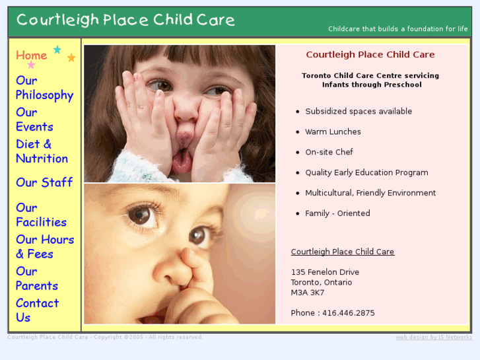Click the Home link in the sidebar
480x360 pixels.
pyautogui.click(x=31, y=55)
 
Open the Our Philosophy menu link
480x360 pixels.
pyautogui.click(x=44, y=88)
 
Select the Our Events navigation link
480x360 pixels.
pyautogui.click(x=34, y=120)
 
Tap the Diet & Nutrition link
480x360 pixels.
pyautogui.click(x=42, y=151)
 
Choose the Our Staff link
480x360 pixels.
pyautogui.click(x=44, y=182)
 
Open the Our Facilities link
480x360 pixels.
pyautogui.click(x=41, y=215)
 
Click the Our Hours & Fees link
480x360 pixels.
pyautogui.click(x=45, y=246)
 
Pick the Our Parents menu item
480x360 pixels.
pyautogui.click(x=36, y=278)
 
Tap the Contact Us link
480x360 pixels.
pyautogui.click(x=37, y=310)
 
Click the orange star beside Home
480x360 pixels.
pyautogui.click(x=71, y=57)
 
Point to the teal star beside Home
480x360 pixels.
pyautogui.click(x=57, y=50)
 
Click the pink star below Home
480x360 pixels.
pyautogui.click(x=31, y=65)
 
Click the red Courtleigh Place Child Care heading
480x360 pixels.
pyautogui.click(x=370, y=55)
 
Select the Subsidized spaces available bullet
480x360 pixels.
pyautogui.click(x=359, y=112)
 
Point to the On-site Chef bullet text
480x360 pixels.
pyautogui.click(x=329, y=152)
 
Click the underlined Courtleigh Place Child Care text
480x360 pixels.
pyautogui.click(x=342, y=252)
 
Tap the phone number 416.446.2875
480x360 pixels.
pyautogui.click(x=348, y=313)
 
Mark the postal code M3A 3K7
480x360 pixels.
pyautogui.click(x=307, y=293)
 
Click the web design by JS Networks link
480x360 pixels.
pyautogui.click(x=434, y=338)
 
